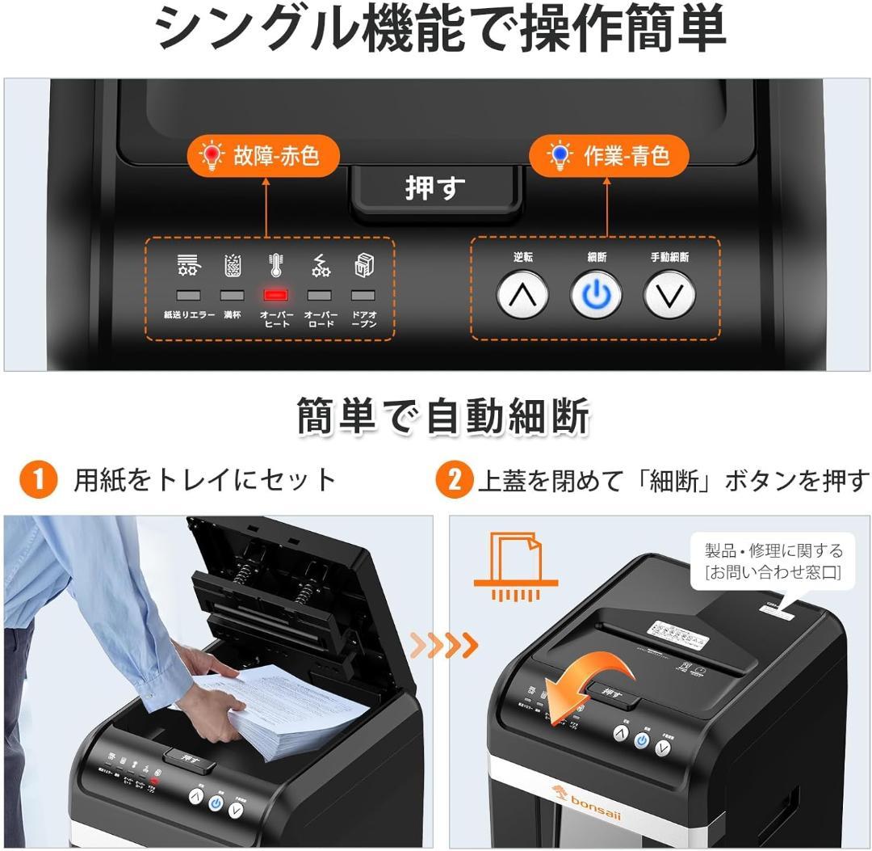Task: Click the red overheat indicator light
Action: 276,296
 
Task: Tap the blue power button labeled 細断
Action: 597,295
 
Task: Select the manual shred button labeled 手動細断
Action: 669,295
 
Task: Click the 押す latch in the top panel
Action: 435,189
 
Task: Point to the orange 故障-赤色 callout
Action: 262,155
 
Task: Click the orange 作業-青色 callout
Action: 609,155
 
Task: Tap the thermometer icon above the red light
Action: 276,265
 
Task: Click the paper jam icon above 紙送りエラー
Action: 189,265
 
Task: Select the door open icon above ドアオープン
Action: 363,265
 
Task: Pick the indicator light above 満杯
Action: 233,296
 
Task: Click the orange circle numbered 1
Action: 40,481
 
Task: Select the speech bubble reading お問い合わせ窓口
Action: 773,562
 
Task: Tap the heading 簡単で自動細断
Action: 442,417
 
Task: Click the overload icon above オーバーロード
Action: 321,265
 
